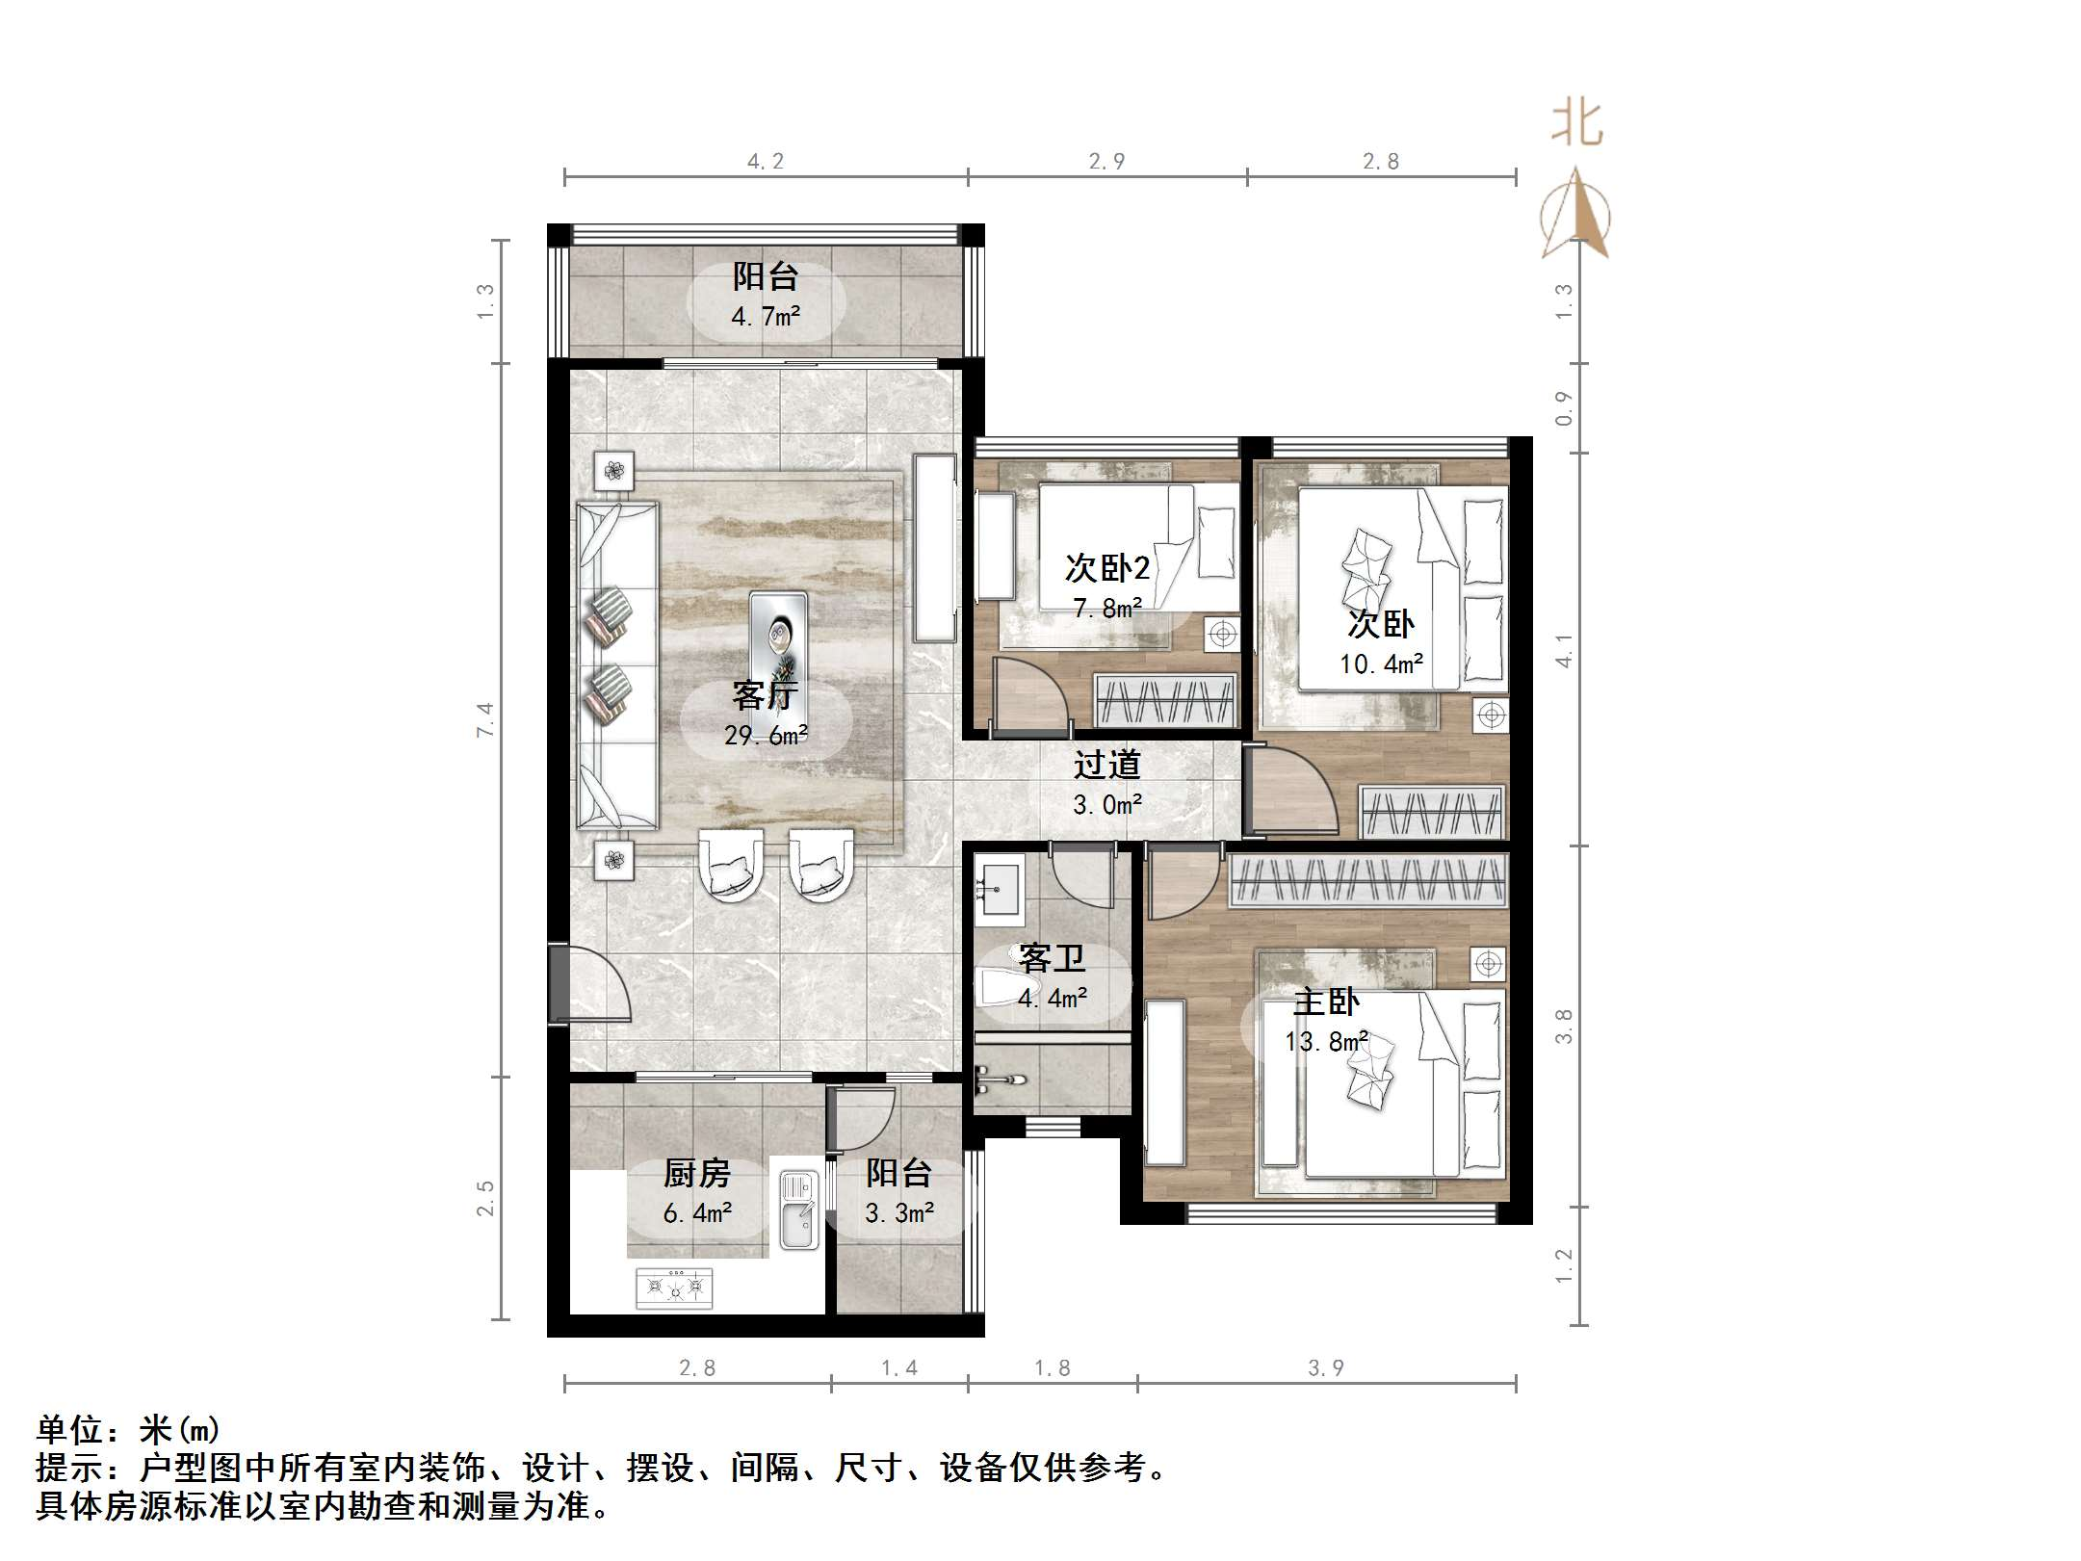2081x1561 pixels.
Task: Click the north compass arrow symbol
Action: click(x=1575, y=214)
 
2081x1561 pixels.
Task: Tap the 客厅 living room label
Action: click(x=765, y=695)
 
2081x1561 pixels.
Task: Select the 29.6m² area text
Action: click(x=766, y=736)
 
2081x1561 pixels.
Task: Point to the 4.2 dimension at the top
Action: click(x=766, y=162)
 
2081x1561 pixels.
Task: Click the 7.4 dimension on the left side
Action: click(x=485, y=719)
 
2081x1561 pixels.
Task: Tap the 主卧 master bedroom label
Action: click(x=1326, y=1002)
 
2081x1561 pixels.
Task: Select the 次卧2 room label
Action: click(x=1107, y=568)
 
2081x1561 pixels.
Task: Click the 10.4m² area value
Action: click(x=1381, y=664)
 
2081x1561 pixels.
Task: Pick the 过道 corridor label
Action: click(x=1107, y=765)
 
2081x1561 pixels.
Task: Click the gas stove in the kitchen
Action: click(x=674, y=1288)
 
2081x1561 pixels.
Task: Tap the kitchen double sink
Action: click(x=798, y=1210)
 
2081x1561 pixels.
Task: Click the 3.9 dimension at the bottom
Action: click(x=1326, y=1367)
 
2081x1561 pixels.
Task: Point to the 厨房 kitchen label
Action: click(x=697, y=1173)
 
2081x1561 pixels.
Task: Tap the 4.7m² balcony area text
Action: click(x=766, y=317)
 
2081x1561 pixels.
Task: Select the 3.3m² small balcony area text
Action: click(x=899, y=1213)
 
